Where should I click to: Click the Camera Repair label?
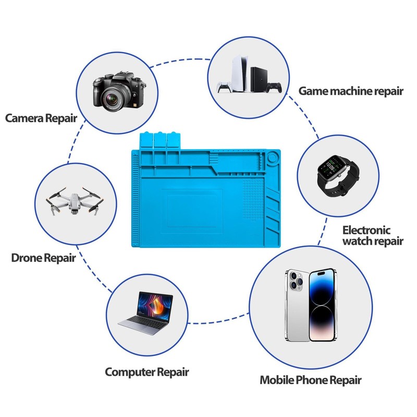pos(41,118)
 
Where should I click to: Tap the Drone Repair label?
pos(44,257)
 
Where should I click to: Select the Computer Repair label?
pos(146,372)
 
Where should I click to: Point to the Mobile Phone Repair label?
pos(310,379)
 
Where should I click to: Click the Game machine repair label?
pos(351,91)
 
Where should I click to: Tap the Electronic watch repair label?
pos(373,235)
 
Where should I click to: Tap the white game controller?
pos(224,87)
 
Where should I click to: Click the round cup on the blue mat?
pos(274,157)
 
